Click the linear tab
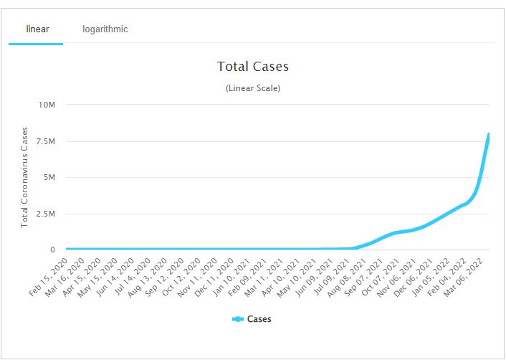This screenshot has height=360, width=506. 37,29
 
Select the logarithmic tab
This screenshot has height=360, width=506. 105,29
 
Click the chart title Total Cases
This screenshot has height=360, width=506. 253,67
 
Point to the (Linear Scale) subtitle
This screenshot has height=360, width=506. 253,88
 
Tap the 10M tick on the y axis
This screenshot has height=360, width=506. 47,105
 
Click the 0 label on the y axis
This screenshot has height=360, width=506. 52,250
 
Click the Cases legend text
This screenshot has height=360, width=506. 259,319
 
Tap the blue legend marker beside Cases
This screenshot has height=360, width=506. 238,319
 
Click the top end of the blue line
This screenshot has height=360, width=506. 489,134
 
